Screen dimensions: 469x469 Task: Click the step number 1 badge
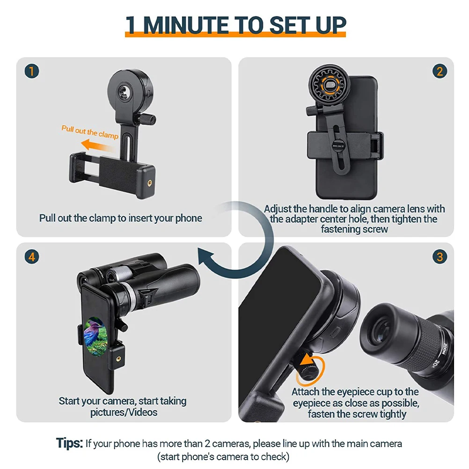point(32,72)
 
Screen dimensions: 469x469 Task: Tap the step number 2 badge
point(439,72)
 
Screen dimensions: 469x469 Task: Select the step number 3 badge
point(439,257)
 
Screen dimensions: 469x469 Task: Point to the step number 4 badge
point(32,257)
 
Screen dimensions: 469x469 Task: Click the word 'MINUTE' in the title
point(204,25)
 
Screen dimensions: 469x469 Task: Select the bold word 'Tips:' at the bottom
point(70,443)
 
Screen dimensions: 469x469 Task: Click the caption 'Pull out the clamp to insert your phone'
point(121,218)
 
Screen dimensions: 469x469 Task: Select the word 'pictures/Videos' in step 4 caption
point(124,412)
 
